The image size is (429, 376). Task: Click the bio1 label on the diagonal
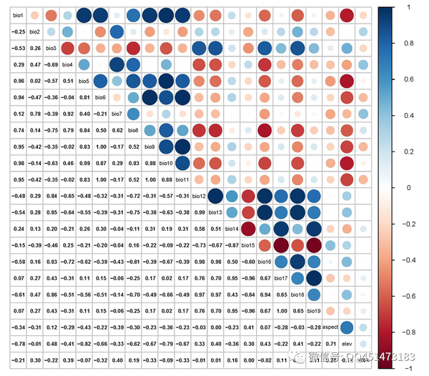point(18,15)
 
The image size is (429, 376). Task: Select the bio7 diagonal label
point(117,114)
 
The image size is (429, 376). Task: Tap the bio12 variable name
point(199,196)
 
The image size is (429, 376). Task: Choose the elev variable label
point(347,344)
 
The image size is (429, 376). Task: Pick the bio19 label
point(314,311)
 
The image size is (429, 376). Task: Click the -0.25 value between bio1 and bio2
point(18,31)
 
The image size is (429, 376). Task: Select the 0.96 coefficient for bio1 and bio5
point(18,81)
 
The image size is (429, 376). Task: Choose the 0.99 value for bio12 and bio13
point(199,212)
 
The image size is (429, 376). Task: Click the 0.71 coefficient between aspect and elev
point(330,344)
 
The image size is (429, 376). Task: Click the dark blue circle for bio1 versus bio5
point(84,15)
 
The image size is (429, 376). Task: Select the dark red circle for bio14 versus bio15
point(248,229)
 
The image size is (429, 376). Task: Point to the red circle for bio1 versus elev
point(347,15)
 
